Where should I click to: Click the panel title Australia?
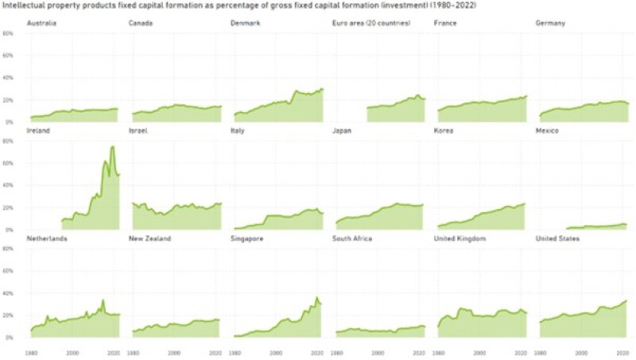coord(42,24)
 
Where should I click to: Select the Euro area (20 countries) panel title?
coord(370,24)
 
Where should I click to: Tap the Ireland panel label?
coord(38,130)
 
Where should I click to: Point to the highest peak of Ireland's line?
coord(112,146)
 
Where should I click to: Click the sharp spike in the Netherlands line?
coord(103,300)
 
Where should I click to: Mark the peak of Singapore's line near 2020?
coord(316,298)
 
